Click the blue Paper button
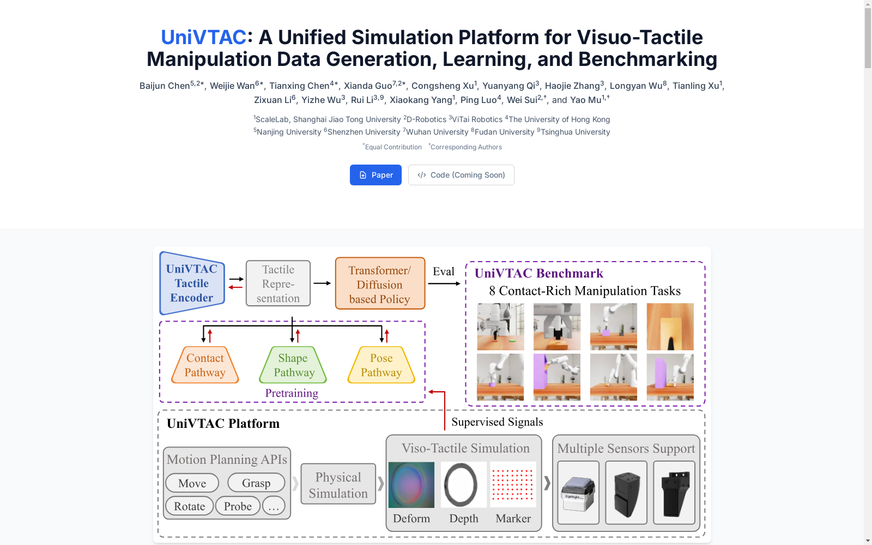click(376, 175)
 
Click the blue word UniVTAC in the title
click(203, 38)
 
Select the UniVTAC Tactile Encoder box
click(192, 283)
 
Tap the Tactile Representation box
click(278, 283)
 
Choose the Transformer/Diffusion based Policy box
click(380, 283)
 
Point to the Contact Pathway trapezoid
click(205, 365)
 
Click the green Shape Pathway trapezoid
click(293, 365)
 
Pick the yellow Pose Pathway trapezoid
click(381, 365)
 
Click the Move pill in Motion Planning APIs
click(192, 483)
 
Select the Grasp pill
click(256, 483)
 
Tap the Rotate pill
click(189, 506)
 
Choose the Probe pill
click(238, 506)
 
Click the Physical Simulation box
click(338, 485)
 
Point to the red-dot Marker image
click(513, 485)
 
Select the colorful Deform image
click(411, 485)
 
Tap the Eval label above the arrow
click(444, 271)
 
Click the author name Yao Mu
click(585, 100)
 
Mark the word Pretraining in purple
click(292, 393)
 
